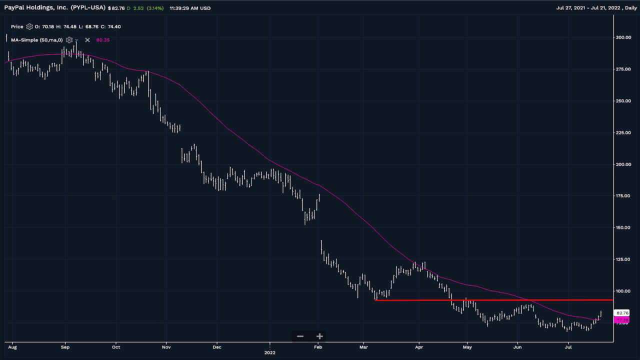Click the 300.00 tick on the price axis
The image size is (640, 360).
pos(623,37)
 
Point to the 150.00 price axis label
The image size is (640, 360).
pos(623,227)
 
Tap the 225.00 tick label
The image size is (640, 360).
pos(623,132)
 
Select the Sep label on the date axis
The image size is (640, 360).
pos(64,346)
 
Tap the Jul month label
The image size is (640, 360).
pos(568,346)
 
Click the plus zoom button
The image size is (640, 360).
pos(319,336)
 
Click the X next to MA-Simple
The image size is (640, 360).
pos(87,40)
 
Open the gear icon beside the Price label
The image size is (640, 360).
pos(29,27)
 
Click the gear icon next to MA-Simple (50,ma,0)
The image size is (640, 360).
pos(69,40)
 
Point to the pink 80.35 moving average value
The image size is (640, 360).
pos(102,40)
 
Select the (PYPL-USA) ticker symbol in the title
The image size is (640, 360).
pos(88,8)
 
